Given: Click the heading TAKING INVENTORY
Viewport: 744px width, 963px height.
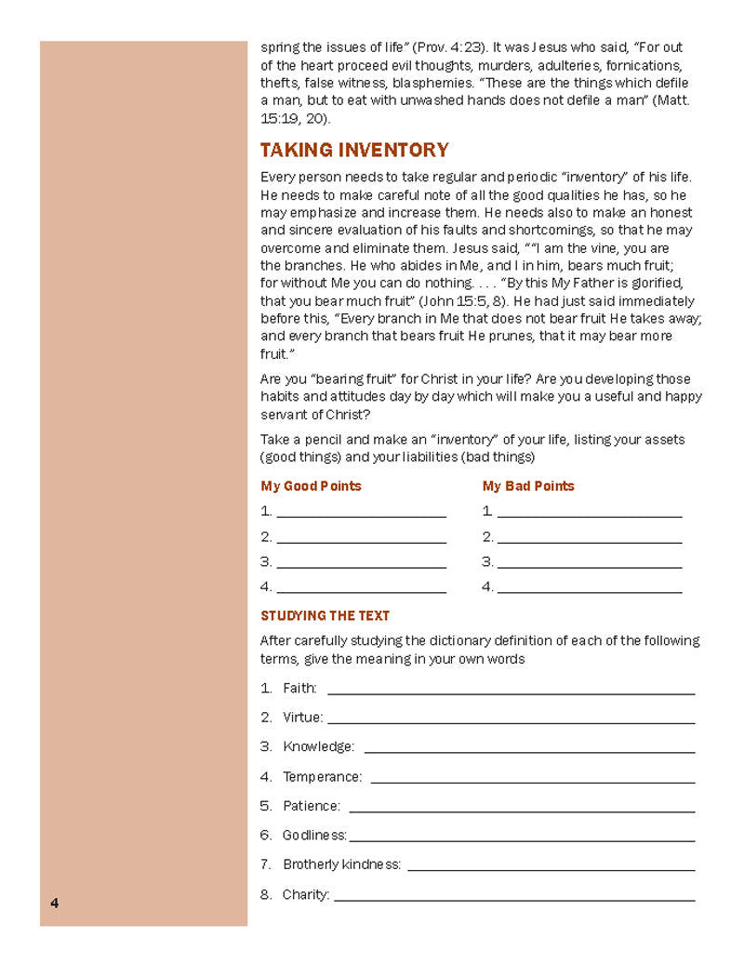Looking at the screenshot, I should pyautogui.click(x=354, y=151).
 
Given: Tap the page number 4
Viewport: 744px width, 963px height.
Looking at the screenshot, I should pyautogui.click(x=55, y=903).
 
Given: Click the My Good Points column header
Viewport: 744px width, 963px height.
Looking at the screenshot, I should pyautogui.click(x=311, y=486).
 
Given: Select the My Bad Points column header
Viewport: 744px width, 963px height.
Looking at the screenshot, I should pyautogui.click(x=528, y=486).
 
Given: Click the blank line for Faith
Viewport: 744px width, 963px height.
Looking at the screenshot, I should pyautogui.click(x=511, y=692).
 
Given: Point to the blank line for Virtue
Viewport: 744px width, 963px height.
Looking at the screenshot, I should pyautogui.click(x=511, y=721).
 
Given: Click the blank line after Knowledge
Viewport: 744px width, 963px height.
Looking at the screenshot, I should pyautogui.click(x=529, y=750).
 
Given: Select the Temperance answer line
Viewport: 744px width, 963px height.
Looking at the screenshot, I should pyautogui.click(x=532, y=780).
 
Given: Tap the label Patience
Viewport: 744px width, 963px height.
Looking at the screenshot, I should pyautogui.click(x=312, y=806).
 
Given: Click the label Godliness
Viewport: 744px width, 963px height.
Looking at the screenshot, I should pyautogui.click(x=314, y=836).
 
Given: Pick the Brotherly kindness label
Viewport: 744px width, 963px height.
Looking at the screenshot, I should pyautogui.click(x=341, y=864).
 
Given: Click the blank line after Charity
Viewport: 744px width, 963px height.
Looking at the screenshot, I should pyautogui.click(x=514, y=898).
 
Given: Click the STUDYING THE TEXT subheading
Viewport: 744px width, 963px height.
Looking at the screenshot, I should pyautogui.click(x=325, y=615).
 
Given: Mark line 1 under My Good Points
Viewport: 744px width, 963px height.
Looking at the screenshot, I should pyautogui.click(x=361, y=514).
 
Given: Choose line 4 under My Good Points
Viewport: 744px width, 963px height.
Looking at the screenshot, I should pyautogui.click(x=361, y=590).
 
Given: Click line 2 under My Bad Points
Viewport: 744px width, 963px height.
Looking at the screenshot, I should pyautogui.click(x=589, y=540).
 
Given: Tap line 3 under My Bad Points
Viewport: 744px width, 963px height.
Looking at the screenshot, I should pyautogui.click(x=589, y=565).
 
